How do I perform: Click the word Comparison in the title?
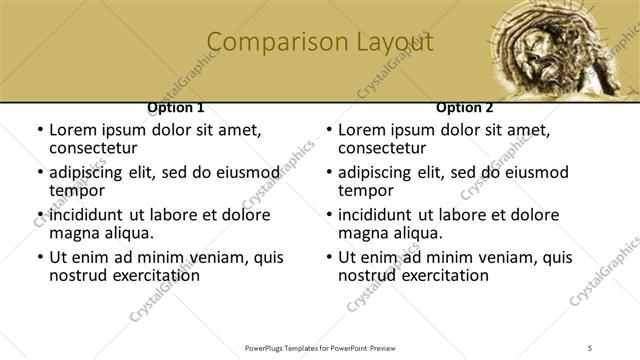(268, 42)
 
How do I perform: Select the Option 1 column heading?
(176, 107)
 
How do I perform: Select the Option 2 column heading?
(465, 107)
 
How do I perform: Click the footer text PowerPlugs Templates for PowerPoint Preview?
(320, 347)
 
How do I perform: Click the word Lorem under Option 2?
(363, 130)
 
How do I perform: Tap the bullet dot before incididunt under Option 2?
(328, 216)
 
